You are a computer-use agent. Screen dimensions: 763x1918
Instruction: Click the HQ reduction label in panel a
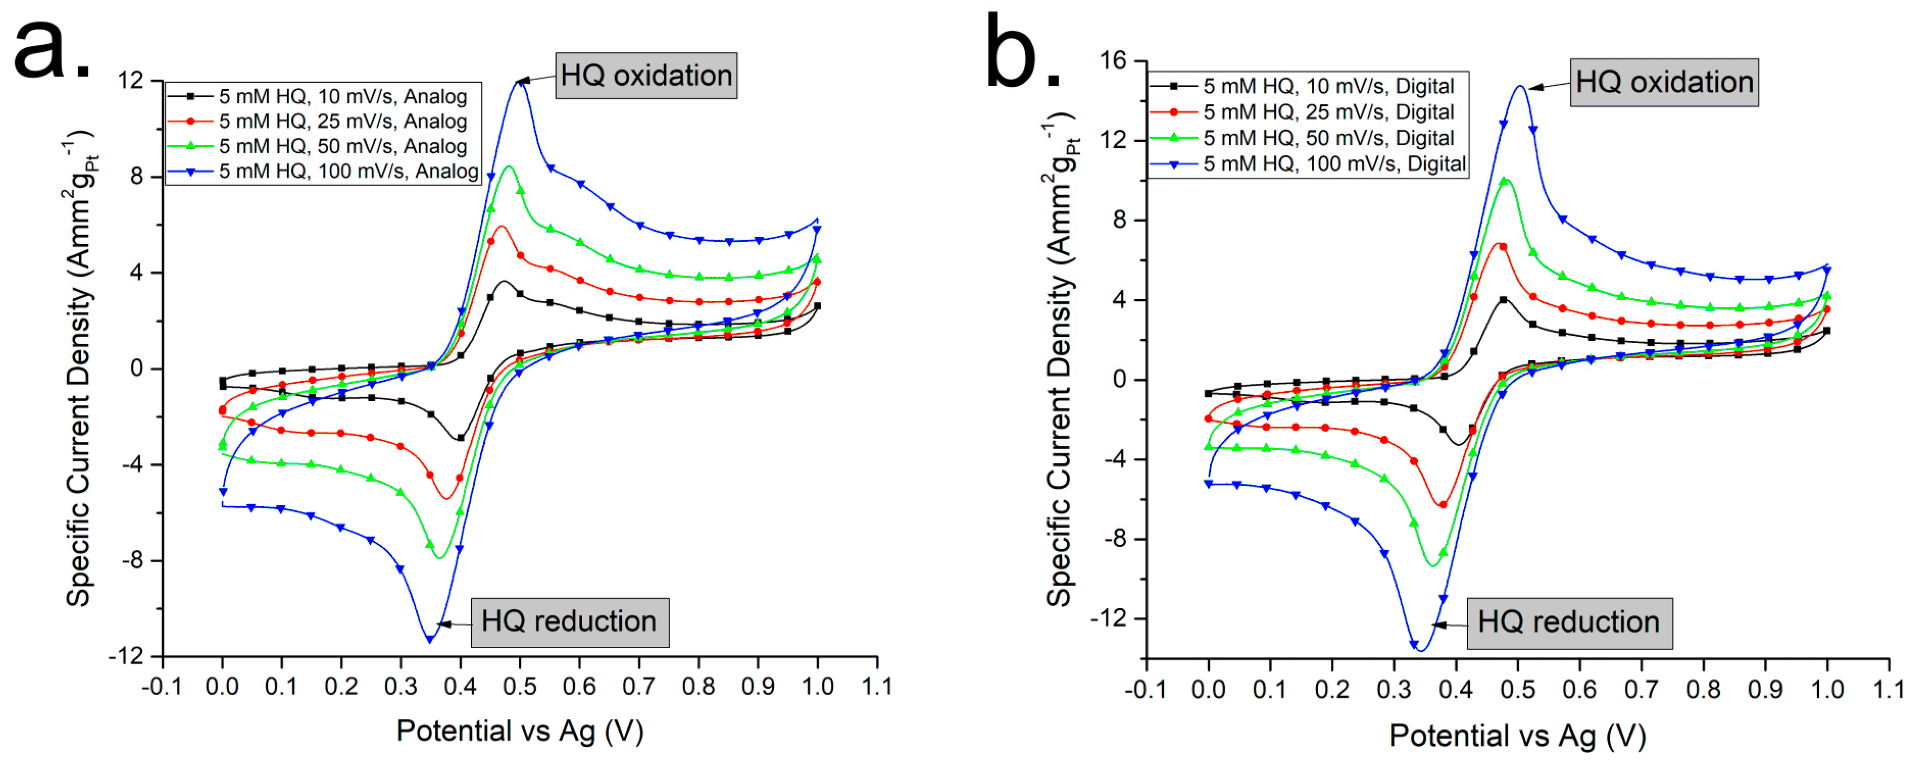(x=570, y=622)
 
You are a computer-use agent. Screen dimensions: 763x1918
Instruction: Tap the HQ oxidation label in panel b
(x=1664, y=82)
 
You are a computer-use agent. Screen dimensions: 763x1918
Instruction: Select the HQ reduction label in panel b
(x=1569, y=622)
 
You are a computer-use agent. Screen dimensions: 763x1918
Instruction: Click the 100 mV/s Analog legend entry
(x=348, y=171)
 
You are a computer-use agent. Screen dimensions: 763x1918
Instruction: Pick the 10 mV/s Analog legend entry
(x=343, y=96)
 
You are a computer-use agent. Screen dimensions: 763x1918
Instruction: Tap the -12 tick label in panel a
(x=125, y=656)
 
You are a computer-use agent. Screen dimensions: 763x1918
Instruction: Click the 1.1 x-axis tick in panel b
(x=1888, y=689)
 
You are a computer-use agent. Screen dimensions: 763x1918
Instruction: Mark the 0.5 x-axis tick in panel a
(x=520, y=686)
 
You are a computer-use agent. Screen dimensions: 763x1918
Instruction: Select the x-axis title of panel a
(x=520, y=731)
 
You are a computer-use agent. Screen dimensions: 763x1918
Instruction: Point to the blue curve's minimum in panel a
(x=429, y=639)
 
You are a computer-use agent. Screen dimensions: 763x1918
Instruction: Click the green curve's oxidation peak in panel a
(x=509, y=167)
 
